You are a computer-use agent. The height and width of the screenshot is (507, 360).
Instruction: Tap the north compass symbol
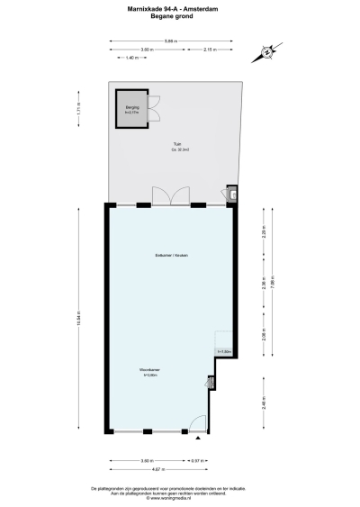(x=267, y=52)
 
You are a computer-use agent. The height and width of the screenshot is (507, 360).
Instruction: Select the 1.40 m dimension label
(x=130, y=58)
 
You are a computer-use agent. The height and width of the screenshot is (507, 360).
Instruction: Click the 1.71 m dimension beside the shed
(x=104, y=110)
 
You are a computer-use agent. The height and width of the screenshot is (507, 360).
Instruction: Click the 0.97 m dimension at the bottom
(x=198, y=460)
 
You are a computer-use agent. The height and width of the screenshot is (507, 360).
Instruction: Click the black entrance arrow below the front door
(x=197, y=439)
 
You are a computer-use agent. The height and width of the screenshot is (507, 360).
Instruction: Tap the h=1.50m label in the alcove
(x=224, y=351)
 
